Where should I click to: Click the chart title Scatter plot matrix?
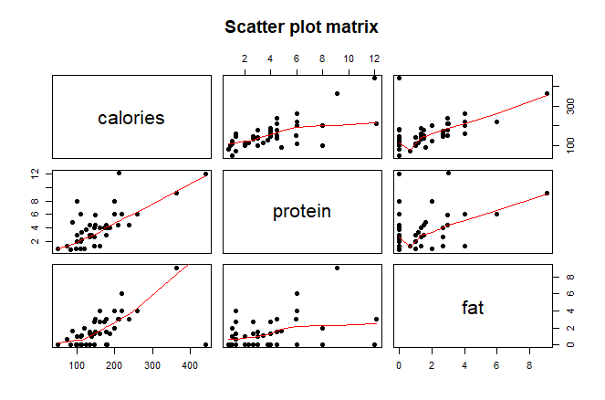302,28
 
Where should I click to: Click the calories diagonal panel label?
131,118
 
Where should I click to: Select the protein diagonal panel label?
301,212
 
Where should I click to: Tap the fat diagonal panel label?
473,308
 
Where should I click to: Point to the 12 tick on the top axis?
375,59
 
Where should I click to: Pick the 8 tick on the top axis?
322,59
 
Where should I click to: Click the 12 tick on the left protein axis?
35,174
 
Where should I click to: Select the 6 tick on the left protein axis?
35,214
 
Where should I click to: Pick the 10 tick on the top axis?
349,59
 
